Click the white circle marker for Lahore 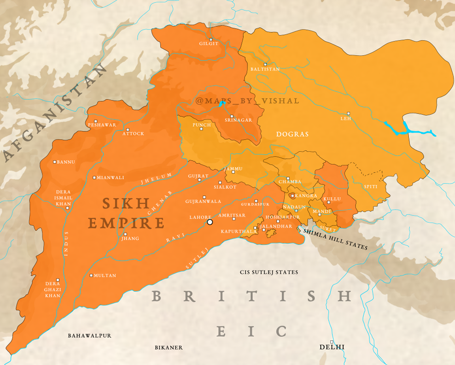(x=210, y=222)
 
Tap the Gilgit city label (x=209, y=44)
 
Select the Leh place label (x=345, y=118)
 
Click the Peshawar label (x=102, y=125)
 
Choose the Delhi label (x=332, y=347)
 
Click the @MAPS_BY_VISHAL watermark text (x=247, y=101)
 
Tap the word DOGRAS (x=292, y=134)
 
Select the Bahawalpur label (x=89, y=336)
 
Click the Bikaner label (x=169, y=347)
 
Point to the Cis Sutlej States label (x=269, y=272)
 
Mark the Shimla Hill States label (x=335, y=240)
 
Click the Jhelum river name (x=157, y=179)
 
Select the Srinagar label (x=238, y=120)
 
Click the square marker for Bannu (x=55, y=162)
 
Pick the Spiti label (x=371, y=187)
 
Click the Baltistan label (x=265, y=69)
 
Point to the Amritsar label (x=232, y=216)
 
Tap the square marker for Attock (x=128, y=130)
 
